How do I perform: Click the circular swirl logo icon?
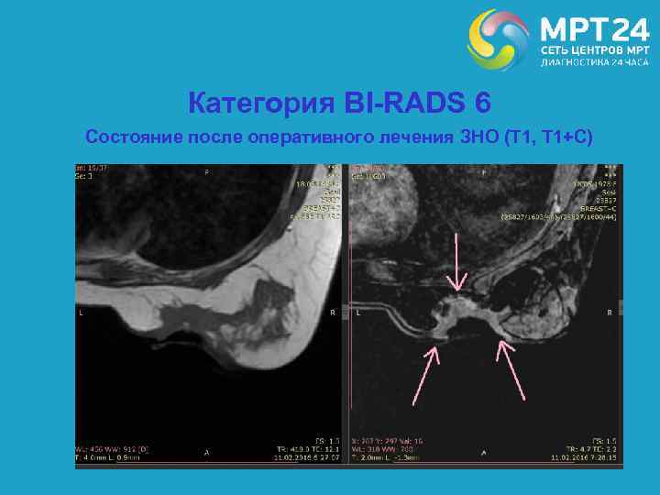[498, 39]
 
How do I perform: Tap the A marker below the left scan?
[206, 451]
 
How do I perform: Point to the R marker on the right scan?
[610, 313]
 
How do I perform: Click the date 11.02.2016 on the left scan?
[294, 456]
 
